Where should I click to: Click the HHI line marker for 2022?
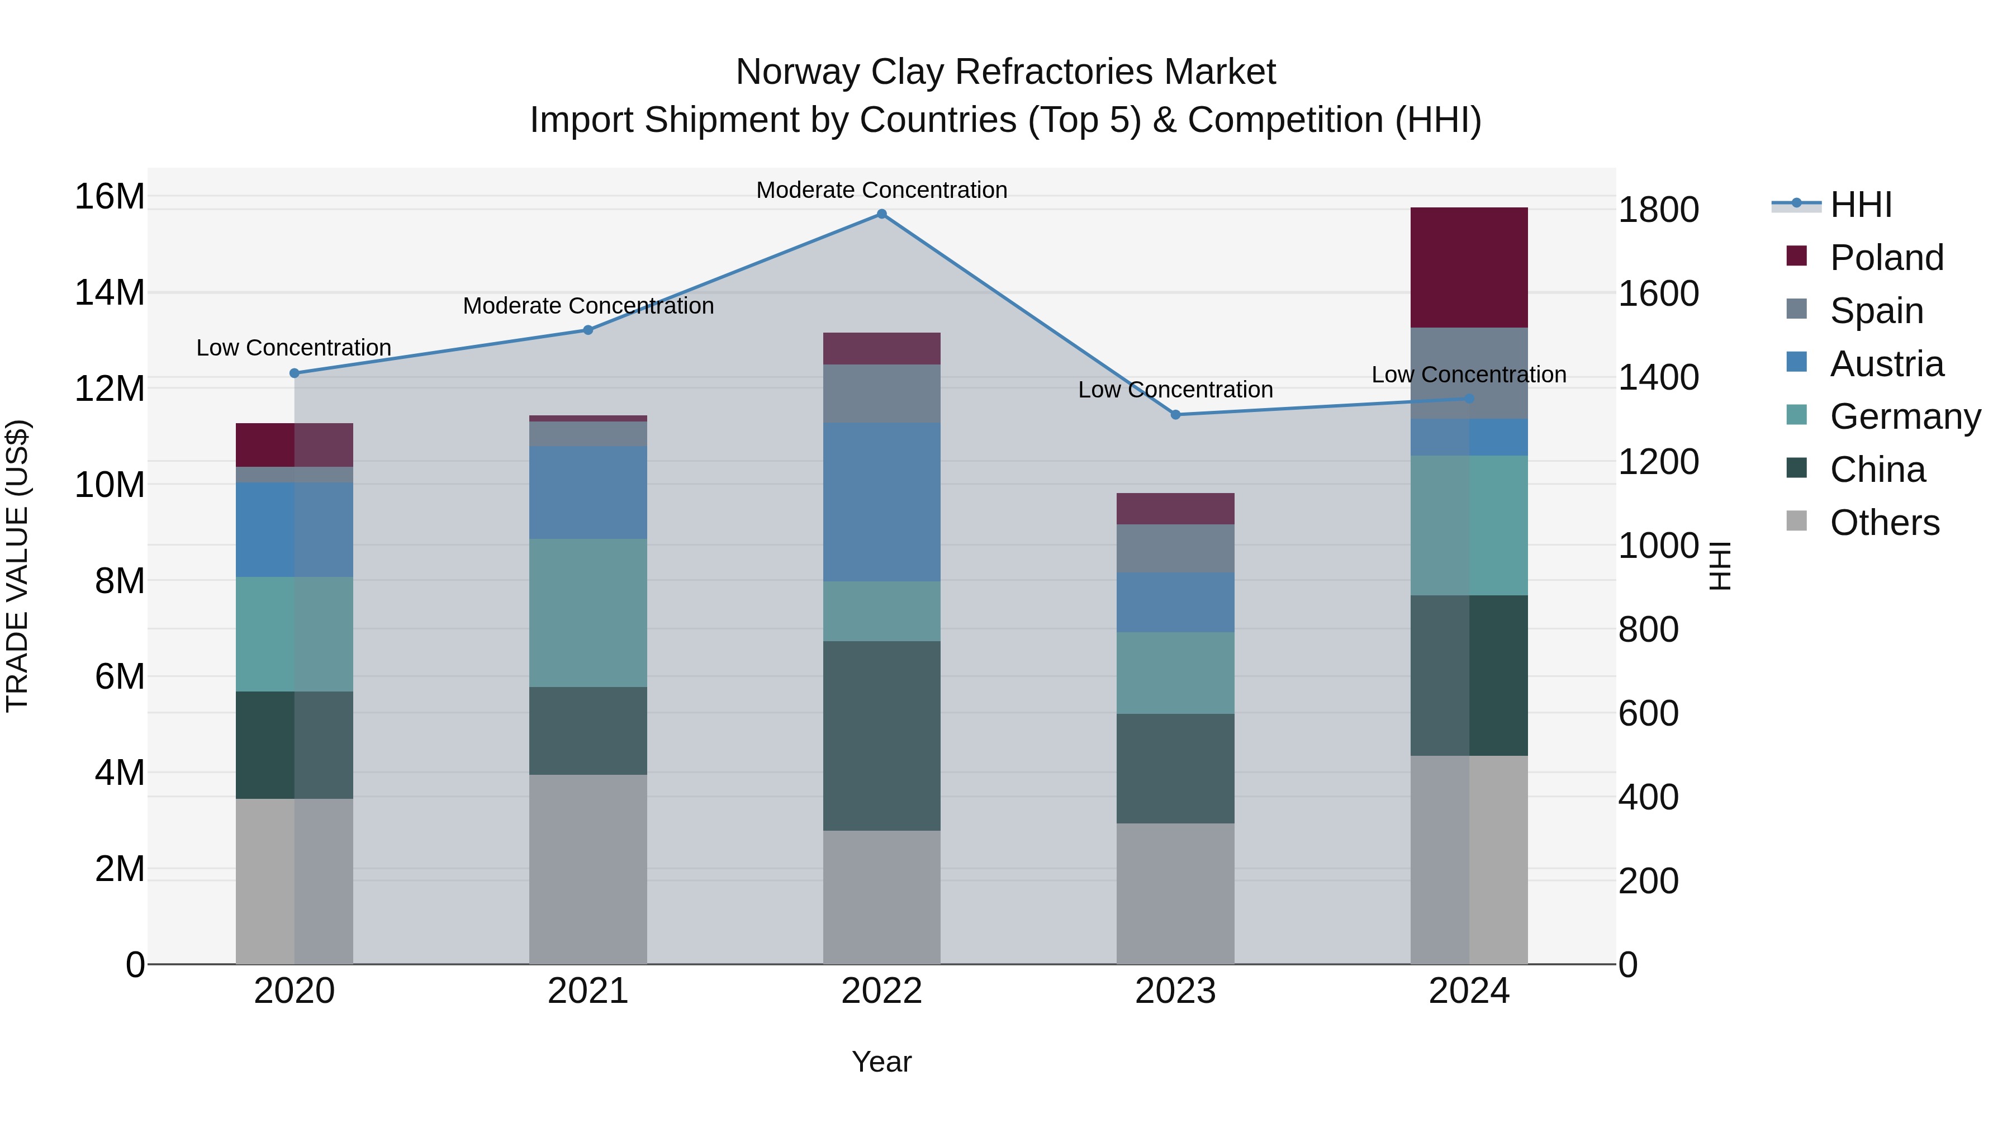coord(882,214)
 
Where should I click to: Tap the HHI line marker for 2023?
coord(1175,415)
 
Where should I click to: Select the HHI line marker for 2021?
coord(588,330)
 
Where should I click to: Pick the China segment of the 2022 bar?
coord(882,735)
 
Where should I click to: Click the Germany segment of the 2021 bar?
coord(588,613)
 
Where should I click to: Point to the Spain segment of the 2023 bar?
coord(1175,548)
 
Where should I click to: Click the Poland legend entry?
coord(1886,258)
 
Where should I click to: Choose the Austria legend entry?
coord(1886,364)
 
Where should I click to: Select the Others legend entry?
coord(1884,523)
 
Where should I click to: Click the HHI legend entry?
coord(1861,205)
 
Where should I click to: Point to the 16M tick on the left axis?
coord(110,196)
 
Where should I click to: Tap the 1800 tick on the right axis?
coord(1658,210)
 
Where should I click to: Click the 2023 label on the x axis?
coord(1175,991)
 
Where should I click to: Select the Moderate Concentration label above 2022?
coord(882,190)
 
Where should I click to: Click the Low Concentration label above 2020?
coord(293,348)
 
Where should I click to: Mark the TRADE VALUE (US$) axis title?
coord(18,566)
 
